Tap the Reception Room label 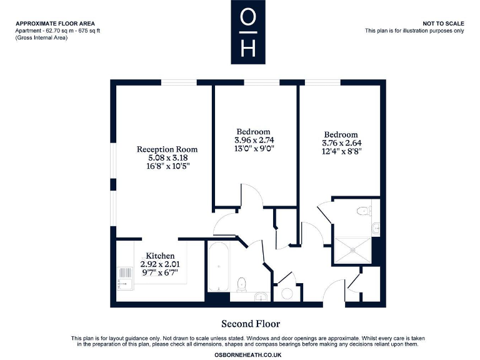click(167, 149)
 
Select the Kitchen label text click(160, 256)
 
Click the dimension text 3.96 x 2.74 click(254, 140)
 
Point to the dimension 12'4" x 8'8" click(341, 151)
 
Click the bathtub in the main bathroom click(218, 267)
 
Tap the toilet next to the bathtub click(244, 284)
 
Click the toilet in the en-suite click(362, 211)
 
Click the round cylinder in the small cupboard click(287, 293)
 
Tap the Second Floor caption click(251, 324)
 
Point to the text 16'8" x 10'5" click(167, 167)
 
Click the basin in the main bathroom click(261, 296)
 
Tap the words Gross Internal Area click(42, 38)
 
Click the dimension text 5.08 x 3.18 click(167, 158)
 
